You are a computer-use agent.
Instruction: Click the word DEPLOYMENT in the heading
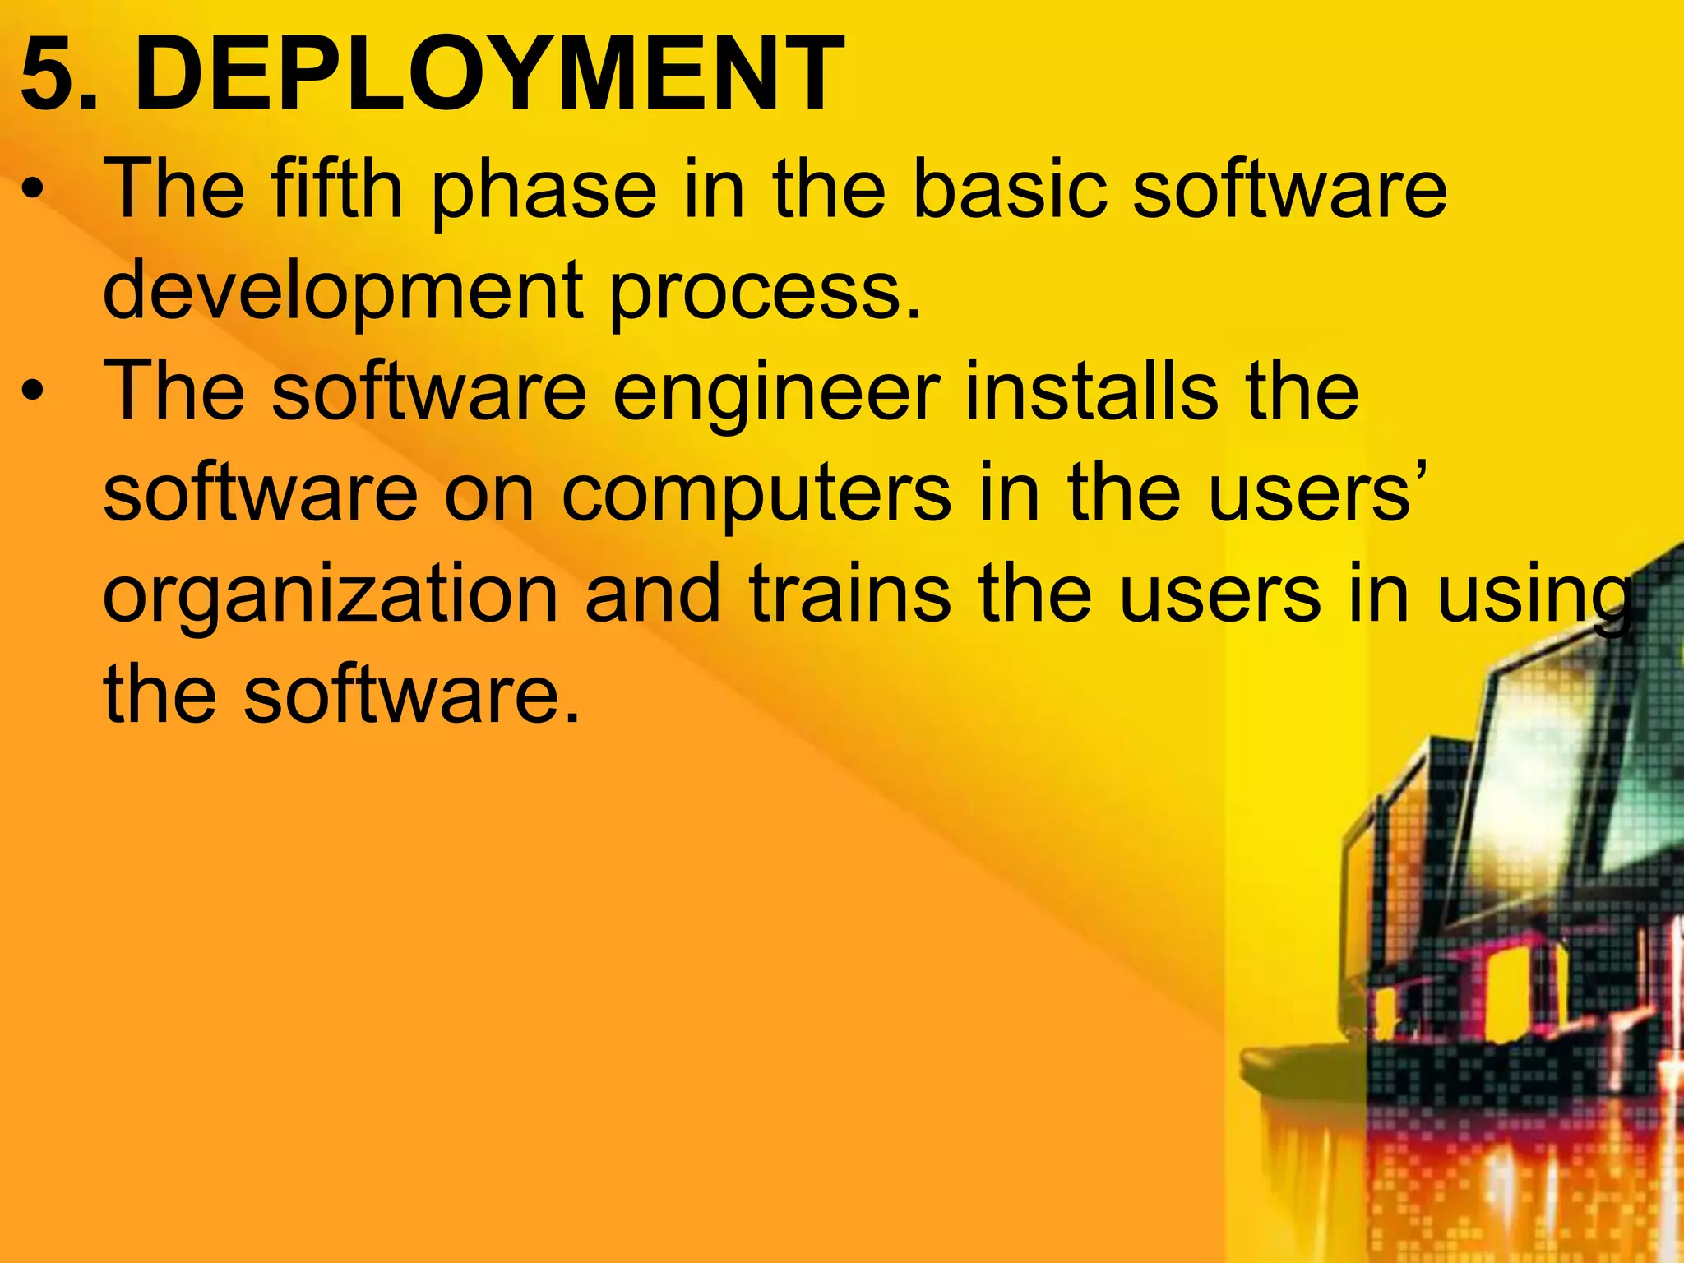[x=489, y=74]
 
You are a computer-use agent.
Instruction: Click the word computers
[x=757, y=496]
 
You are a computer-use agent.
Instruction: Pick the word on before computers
[x=489, y=496]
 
